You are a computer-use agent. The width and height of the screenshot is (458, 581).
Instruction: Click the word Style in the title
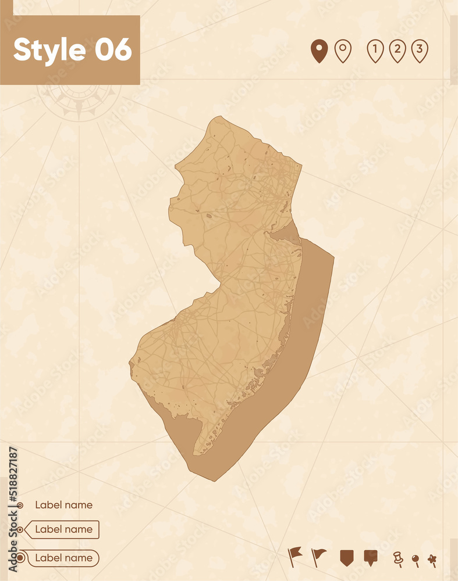(x=51, y=50)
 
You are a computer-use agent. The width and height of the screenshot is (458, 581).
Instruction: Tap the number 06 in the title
(x=113, y=50)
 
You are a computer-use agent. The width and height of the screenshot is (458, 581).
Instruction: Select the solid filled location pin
(x=319, y=51)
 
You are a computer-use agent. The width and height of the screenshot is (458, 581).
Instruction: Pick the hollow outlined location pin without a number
(x=343, y=51)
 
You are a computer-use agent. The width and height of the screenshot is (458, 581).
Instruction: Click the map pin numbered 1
(x=375, y=51)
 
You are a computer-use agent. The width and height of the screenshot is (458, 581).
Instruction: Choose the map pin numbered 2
(x=397, y=51)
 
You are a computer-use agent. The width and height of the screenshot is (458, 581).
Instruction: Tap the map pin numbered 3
(x=419, y=51)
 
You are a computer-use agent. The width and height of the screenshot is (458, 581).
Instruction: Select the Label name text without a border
(x=63, y=505)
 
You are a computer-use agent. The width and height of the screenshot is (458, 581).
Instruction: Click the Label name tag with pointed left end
(x=63, y=529)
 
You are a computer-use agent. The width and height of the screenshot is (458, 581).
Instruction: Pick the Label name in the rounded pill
(x=63, y=558)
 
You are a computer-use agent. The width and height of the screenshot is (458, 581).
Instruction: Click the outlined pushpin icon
(x=398, y=558)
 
